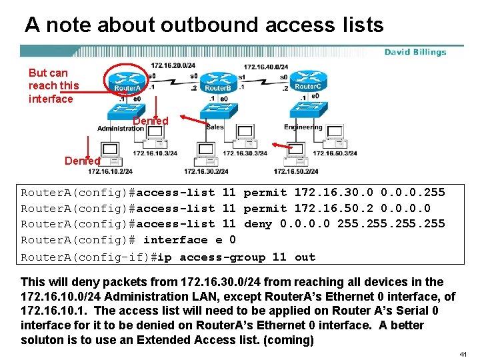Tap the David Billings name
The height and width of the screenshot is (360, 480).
(x=415, y=52)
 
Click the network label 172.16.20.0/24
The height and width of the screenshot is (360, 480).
(x=173, y=66)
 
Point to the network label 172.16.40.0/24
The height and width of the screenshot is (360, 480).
(x=266, y=67)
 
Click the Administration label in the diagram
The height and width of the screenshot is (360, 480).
(x=120, y=128)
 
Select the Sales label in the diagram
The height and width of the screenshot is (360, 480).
(x=215, y=127)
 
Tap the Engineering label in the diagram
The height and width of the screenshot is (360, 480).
(x=303, y=127)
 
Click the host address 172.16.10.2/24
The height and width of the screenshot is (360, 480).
(x=109, y=171)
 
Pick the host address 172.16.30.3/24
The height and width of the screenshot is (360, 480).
(x=245, y=153)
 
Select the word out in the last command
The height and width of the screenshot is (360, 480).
(x=305, y=257)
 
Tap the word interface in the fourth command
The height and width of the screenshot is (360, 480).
(x=175, y=240)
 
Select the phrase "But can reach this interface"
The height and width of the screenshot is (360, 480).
(x=53, y=85)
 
